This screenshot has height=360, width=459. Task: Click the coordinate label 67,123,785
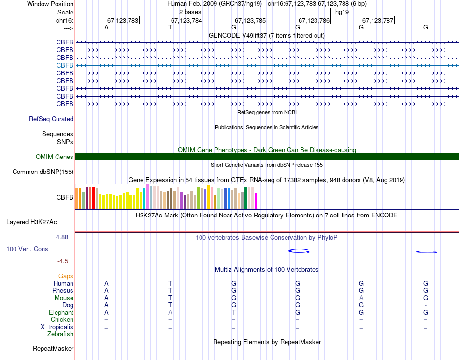250,20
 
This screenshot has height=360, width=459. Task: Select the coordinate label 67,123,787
378,20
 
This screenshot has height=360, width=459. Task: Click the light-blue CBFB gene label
65,65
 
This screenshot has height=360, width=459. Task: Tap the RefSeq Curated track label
51,119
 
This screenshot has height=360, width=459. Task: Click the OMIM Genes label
55,157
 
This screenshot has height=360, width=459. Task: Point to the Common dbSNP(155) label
43,172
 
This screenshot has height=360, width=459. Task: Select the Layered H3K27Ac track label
31,222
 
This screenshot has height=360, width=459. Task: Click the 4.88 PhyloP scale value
62,237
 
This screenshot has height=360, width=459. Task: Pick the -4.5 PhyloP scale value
63,261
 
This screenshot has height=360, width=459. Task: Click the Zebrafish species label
60,334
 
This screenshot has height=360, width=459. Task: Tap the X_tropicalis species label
57,327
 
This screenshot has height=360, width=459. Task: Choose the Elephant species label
61,313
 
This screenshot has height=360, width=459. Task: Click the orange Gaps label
66,276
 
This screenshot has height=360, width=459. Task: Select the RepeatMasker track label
53,348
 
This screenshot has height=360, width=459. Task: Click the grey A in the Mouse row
361,298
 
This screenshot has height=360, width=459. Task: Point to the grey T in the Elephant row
234,313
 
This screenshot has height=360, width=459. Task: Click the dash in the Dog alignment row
425,305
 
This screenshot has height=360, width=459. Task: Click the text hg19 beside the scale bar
342,11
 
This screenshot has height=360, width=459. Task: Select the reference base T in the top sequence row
170,28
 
